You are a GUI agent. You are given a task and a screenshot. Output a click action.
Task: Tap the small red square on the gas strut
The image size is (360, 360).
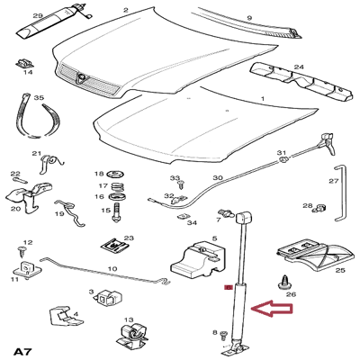(x=227, y=288)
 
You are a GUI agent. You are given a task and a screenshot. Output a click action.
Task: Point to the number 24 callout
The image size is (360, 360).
(x=299, y=66)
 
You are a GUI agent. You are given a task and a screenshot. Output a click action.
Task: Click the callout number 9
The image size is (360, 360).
(x=249, y=16)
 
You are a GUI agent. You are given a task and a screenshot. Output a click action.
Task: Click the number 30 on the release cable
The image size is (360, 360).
(x=217, y=178)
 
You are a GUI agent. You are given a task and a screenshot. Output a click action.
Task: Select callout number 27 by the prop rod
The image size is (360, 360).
(x=333, y=181)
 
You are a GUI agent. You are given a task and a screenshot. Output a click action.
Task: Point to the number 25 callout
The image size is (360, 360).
(x=339, y=270)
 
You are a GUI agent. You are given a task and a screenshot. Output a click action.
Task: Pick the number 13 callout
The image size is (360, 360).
(x=129, y=320)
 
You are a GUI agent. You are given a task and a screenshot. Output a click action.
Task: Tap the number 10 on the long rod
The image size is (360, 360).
(x=112, y=268)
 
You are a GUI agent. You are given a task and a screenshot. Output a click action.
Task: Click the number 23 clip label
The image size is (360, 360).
(x=129, y=238)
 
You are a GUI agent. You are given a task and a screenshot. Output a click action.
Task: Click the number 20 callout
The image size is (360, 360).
(x=15, y=209)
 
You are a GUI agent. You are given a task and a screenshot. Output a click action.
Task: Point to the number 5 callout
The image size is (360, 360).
(x=214, y=239)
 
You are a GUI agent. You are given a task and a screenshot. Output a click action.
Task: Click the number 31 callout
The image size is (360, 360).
(x=282, y=153)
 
